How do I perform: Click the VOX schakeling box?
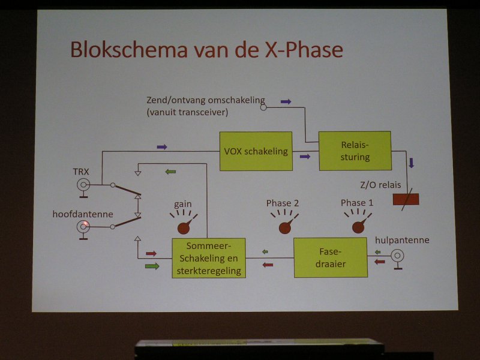(256, 151)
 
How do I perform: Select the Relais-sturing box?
(355, 151)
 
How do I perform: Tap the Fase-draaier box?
(331, 258)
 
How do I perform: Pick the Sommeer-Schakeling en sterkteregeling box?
(209, 258)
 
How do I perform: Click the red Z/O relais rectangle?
(406, 199)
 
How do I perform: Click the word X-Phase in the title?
(304, 50)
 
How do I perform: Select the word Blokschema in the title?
(129, 49)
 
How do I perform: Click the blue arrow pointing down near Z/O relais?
(412, 163)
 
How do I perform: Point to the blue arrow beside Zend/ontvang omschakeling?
(286, 101)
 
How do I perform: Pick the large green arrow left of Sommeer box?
(152, 266)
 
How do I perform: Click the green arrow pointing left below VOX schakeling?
(170, 172)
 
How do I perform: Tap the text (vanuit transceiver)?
(187, 112)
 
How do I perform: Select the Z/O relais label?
(380, 185)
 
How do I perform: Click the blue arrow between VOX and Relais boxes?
(305, 157)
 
